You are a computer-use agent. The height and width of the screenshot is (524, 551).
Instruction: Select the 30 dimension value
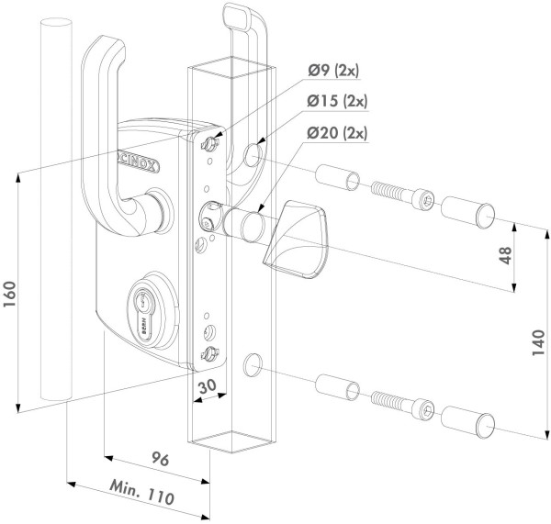click(207, 388)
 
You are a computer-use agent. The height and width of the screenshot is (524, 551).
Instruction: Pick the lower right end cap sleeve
click(471, 418)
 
